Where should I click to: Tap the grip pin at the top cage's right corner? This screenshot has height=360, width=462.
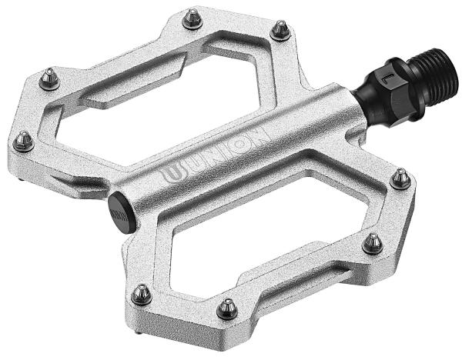pos(281,28)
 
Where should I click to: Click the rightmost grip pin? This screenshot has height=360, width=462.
pos(400,178)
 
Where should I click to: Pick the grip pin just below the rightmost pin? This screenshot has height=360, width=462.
pos(373,242)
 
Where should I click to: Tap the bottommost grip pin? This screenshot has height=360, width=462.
pos(226,308)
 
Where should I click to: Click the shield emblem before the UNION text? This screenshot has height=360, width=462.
pos(171,174)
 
